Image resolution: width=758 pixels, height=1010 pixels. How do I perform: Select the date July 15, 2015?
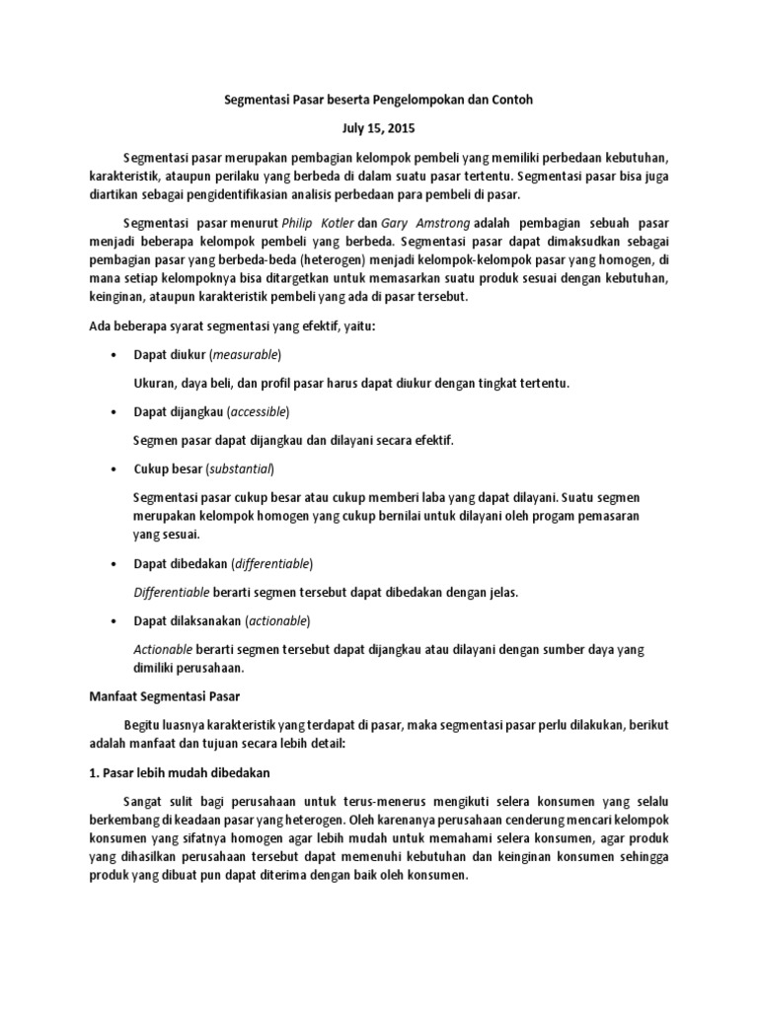tap(378, 128)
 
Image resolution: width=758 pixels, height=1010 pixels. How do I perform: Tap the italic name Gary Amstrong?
tap(417, 222)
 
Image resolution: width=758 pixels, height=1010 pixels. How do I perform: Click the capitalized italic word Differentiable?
tap(171, 592)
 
